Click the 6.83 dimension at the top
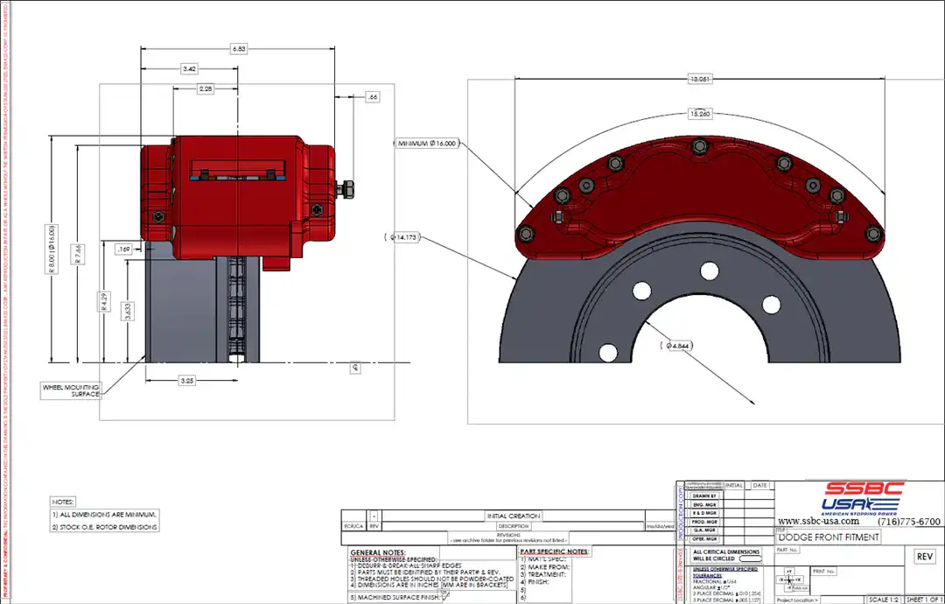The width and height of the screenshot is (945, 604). point(238,49)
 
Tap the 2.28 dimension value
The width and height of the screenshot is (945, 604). point(206,89)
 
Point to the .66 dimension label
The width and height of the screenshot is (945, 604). point(373,97)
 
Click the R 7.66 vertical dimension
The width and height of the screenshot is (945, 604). point(79,254)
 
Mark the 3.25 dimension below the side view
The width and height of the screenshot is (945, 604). point(187,381)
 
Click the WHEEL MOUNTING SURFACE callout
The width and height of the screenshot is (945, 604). point(72,390)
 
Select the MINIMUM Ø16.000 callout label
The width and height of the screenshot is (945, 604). point(426,144)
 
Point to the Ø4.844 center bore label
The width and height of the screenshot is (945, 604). point(679,346)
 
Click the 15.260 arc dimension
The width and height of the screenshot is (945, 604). point(699,114)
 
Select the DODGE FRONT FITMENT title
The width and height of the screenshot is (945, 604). point(829,537)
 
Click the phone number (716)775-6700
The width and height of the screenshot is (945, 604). point(908,522)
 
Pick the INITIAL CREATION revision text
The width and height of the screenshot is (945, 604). point(513,516)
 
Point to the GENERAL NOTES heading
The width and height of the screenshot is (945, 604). point(376,552)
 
